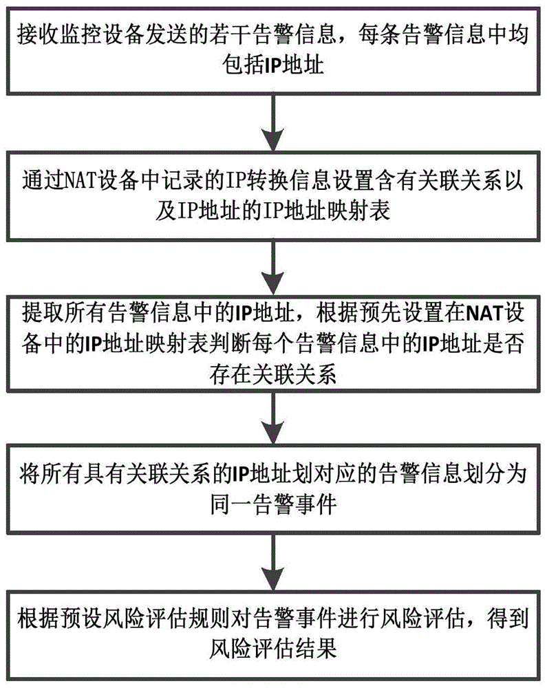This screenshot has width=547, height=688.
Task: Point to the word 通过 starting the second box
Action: coord(38,180)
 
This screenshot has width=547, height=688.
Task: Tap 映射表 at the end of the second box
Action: coord(367,210)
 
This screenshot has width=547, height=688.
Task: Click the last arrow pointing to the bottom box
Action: coord(273,561)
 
